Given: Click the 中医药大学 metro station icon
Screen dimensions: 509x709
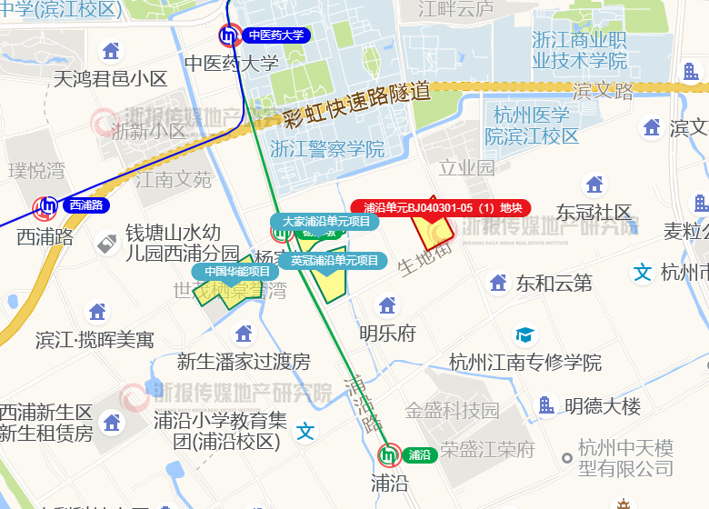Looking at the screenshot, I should point(230,35).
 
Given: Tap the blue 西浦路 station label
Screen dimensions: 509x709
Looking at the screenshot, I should point(85,205).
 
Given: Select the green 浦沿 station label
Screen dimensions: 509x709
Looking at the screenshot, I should point(418,454).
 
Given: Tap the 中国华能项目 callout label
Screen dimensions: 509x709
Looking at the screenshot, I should point(236,271).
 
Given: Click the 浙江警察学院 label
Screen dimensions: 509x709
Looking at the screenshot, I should point(327,149).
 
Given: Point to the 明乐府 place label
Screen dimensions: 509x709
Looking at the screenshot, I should point(387,333).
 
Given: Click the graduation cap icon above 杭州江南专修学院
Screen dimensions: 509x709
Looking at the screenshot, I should point(524,335).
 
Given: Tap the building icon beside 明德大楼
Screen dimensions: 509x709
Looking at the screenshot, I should point(546,405).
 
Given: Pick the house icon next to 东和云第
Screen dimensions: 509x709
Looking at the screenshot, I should point(498,283).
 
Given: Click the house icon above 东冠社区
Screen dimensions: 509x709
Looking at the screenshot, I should point(594,185).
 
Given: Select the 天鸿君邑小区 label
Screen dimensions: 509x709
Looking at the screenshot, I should point(111,78).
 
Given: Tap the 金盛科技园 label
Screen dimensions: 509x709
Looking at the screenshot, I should point(452,410).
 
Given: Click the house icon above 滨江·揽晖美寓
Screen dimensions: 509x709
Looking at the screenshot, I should point(96,312).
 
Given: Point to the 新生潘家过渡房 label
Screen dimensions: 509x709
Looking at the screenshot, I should point(244,362).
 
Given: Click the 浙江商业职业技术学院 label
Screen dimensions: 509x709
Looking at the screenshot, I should point(579,50).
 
